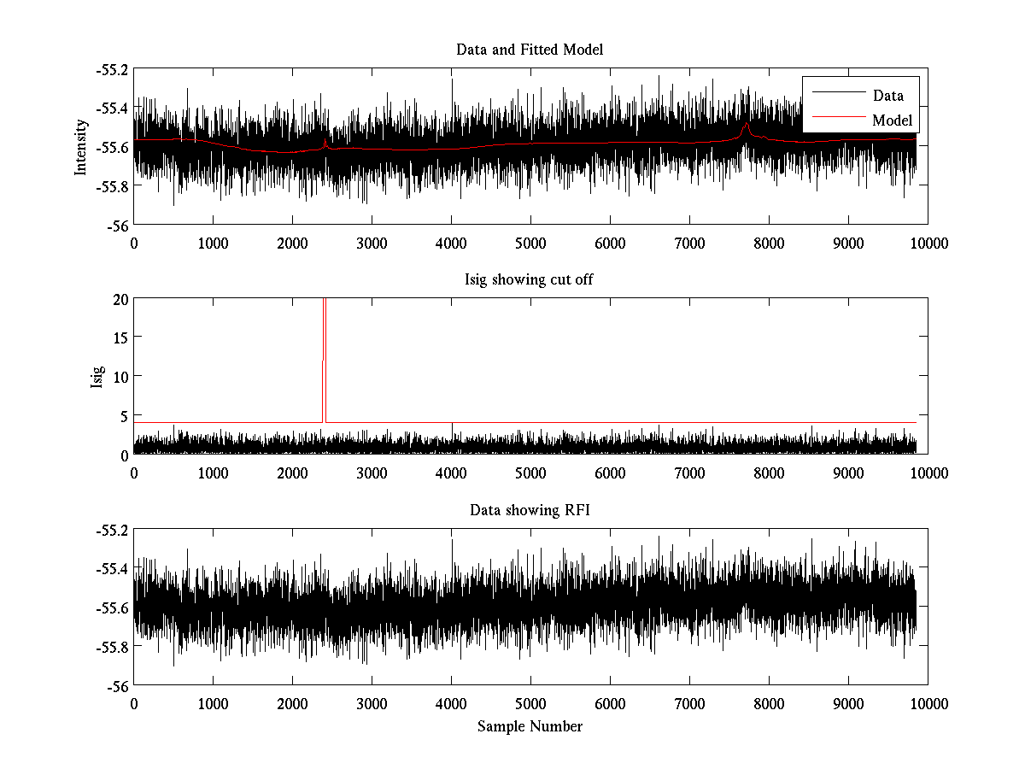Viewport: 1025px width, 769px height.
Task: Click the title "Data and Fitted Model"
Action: coord(530,50)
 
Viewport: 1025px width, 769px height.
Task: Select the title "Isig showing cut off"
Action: coord(530,280)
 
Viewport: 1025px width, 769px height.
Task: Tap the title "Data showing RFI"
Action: coord(530,511)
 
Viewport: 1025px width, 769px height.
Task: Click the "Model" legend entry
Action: coord(892,120)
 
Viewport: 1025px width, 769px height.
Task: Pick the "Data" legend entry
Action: coord(887,96)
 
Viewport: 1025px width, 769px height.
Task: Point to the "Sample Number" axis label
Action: coord(530,726)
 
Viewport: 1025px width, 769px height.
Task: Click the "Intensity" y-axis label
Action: coord(81,147)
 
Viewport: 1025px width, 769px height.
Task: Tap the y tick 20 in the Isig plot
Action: coord(118,299)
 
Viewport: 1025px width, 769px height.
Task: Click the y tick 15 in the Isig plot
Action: coord(118,338)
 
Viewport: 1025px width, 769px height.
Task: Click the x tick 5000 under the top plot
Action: coord(530,243)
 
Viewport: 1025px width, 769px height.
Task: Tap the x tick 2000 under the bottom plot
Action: coord(292,703)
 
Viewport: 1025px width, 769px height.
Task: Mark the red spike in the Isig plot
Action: coord(325,342)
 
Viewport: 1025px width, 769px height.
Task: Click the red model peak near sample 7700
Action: coord(747,125)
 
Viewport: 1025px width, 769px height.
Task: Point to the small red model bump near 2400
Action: coord(325,140)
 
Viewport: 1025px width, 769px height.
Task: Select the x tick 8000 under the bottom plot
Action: coord(769,703)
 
